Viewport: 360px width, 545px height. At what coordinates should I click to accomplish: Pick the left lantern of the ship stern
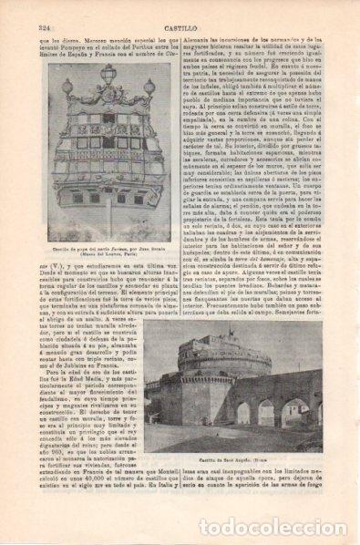[67, 89]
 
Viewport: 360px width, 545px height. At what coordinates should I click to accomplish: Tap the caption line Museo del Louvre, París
[101, 255]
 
